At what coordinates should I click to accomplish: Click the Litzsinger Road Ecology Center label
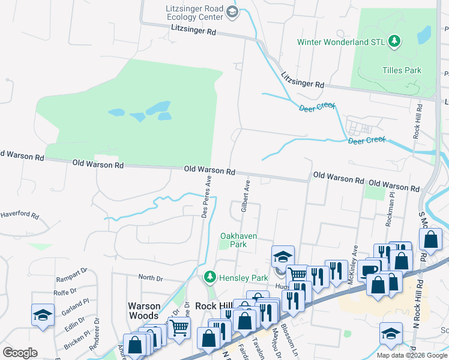pyautogui.click(x=193, y=13)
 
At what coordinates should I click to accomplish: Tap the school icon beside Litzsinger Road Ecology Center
pyautogui.click(x=232, y=11)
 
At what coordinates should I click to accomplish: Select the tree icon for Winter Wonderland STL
pyautogui.click(x=394, y=41)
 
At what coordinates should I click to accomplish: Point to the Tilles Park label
pyautogui.click(x=402, y=70)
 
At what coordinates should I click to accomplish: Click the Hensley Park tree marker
pyautogui.click(x=209, y=277)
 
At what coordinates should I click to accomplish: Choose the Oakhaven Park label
pyautogui.click(x=238, y=240)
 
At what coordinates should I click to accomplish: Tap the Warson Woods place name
pyautogui.click(x=144, y=310)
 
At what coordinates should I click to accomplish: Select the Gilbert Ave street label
pyautogui.click(x=245, y=194)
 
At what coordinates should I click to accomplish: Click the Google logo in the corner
pyautogui.click(x=20, y=353)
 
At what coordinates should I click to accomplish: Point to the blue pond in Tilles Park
pyautogui.click(x=424, y=34)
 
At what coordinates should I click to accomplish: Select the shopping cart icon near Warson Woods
pyautogui.click(x=179, y=328)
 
